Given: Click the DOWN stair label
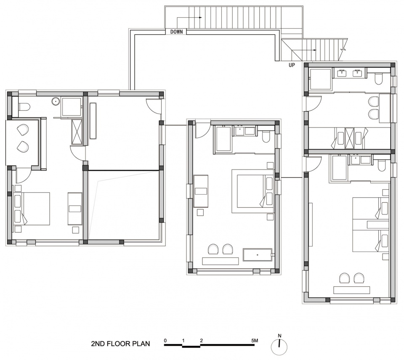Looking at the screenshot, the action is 176,32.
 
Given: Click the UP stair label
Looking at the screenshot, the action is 292,65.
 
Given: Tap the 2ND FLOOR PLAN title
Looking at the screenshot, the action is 120,344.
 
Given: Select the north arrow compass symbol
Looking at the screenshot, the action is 279,345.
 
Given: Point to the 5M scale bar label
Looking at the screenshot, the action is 255,340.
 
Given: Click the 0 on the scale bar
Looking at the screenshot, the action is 165,340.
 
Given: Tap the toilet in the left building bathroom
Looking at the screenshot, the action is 24,106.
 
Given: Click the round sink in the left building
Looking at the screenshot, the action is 55,101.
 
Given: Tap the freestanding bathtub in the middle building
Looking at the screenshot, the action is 258,255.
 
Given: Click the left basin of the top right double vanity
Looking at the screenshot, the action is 342,72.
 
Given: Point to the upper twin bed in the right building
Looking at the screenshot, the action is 370,209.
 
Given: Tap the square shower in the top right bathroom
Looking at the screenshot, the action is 320,79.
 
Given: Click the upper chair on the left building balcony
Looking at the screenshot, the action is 23,129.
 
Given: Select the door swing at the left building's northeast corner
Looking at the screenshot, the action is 153,106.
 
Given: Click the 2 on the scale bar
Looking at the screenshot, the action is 201,340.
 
